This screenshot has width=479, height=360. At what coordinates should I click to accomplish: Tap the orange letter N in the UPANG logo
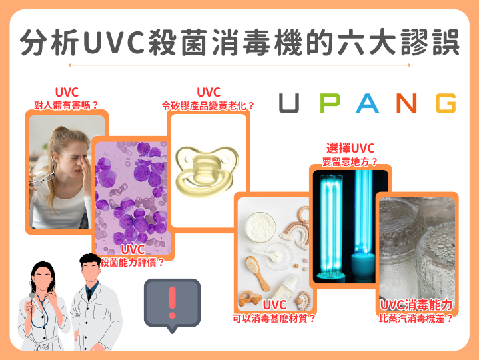coord(404,103)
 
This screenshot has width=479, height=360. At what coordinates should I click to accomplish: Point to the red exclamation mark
coord(172,302)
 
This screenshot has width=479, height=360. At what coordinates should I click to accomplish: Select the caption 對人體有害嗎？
coord(66,105)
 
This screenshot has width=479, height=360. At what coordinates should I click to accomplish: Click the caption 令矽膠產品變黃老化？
coord(209,105)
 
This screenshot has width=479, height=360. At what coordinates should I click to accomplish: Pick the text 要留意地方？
coord(350,161)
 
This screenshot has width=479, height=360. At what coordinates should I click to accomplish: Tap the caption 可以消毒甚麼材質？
coord(274,318)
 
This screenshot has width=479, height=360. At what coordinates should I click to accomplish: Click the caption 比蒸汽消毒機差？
coord(417,318)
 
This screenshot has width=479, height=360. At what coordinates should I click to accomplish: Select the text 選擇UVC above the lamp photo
coord(350,147)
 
